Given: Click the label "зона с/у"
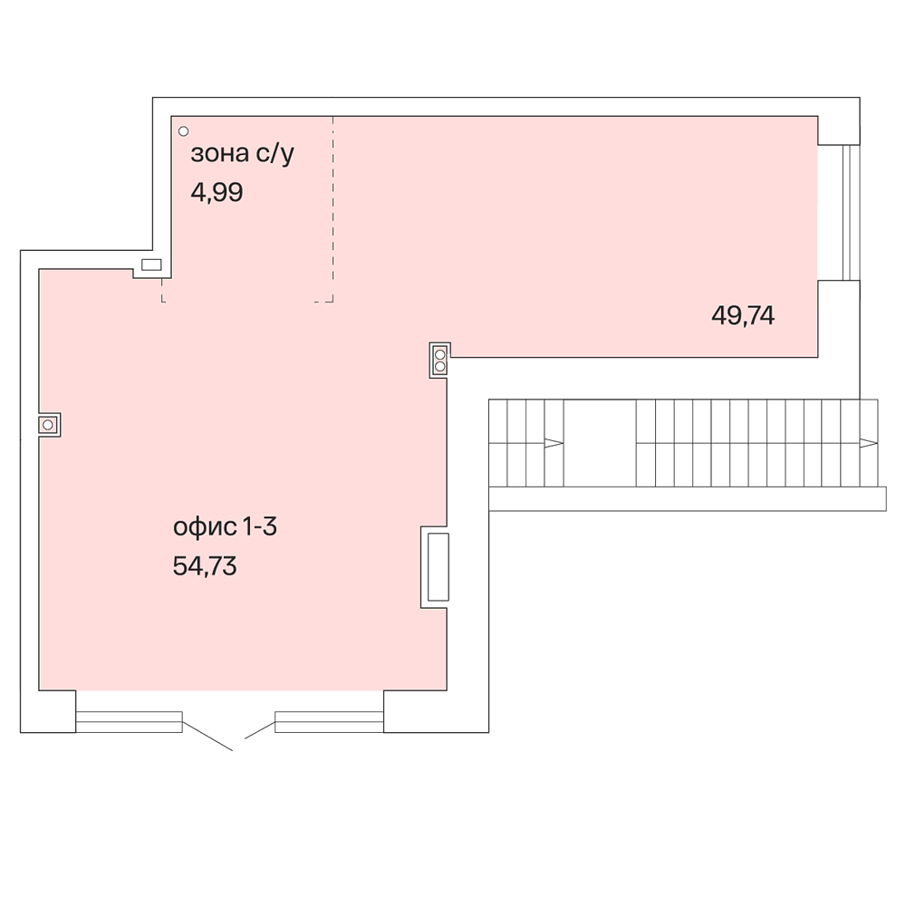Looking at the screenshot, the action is (242, 154).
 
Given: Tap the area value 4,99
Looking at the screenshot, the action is (217, 192).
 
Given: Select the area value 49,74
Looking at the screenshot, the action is (743, 316).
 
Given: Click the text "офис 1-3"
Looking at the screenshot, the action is (226, 527).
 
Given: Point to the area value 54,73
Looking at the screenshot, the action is (205, 566).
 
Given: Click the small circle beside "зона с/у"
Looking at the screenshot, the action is (183, 131).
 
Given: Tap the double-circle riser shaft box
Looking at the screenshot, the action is (439, 360).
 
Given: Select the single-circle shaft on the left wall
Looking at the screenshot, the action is (49, 425).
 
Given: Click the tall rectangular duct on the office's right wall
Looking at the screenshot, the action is (438, 567).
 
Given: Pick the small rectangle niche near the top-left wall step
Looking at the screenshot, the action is (151, 265).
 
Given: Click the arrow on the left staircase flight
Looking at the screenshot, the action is (554, 443).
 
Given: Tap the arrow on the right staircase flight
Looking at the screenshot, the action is (869, 443).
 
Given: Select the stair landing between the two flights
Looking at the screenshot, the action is (600, 443).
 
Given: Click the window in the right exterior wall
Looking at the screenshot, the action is (851, 212).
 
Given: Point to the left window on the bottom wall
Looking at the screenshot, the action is (129, 722).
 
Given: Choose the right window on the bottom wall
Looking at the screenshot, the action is (330, 722).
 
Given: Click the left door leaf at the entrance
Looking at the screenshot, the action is (207, 737).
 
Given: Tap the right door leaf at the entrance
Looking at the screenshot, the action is (260, 730).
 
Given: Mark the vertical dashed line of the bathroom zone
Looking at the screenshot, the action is (333, 209).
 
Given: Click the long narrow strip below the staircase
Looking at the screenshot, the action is (688, 499).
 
